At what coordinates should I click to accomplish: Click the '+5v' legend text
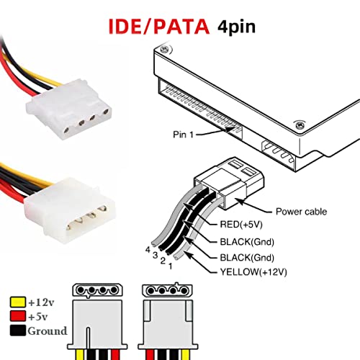(x=39, y=317)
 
